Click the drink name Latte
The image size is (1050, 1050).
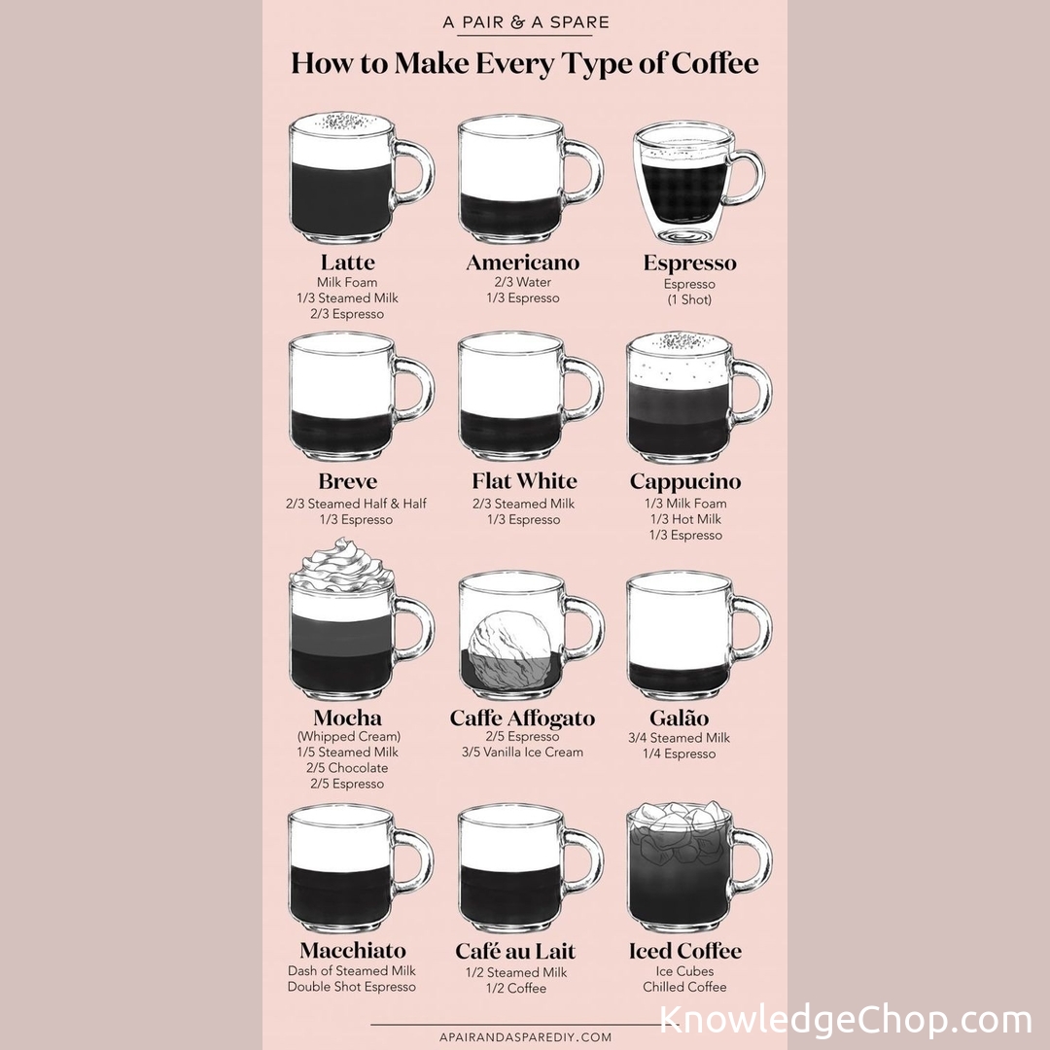[x=347, y=262]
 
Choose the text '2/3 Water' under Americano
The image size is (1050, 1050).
[x=523, y=282]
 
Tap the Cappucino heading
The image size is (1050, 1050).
[x=685, y=481]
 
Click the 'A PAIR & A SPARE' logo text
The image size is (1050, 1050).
[x=526, y=22]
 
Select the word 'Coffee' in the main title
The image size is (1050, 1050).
[x=715, y=63]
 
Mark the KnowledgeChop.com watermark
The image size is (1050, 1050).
[x=845, y=1020]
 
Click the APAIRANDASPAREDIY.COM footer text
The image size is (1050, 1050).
[x=526, y=1036]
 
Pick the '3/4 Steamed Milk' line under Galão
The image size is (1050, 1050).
[x=679, y=737]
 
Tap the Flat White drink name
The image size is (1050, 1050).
[x=524, y=481]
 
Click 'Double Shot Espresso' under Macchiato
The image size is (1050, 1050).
[x=352, y=987]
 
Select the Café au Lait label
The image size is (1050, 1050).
[x=515, y=951]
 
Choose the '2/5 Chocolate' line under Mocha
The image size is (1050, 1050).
[x=347, y=767]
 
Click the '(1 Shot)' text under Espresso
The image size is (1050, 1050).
[x=689, y=299]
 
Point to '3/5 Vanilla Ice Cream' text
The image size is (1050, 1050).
[x=522, y=752]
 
